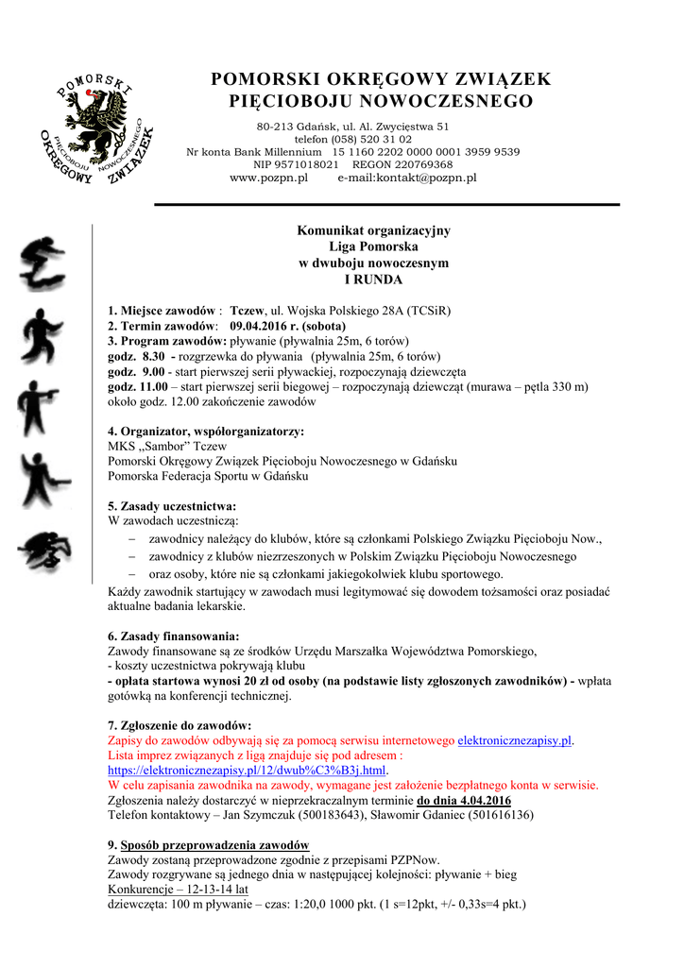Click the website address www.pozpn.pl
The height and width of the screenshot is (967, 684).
pos(269,178)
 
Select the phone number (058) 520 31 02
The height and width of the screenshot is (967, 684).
pos(368,139)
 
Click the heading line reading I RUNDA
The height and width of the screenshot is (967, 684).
pos(373,280)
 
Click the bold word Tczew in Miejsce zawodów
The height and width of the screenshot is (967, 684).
pos(248,310)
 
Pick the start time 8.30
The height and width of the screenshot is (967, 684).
pos(151,357)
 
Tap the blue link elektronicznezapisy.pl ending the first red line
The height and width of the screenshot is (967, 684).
pos(515,741)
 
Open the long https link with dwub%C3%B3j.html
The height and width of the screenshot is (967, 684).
pos(248,771)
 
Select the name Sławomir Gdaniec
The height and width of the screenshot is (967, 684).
pos(417,814)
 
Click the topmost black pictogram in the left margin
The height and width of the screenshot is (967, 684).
pos(44,265)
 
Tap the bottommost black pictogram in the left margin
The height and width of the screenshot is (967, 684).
pos(43,551)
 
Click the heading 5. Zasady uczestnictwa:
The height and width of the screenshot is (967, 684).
pos(172,505)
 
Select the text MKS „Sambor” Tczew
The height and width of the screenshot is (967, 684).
pos(167,446)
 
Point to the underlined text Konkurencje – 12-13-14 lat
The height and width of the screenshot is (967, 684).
pos(179,889)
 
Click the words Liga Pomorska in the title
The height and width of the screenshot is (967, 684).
pos(373,246)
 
